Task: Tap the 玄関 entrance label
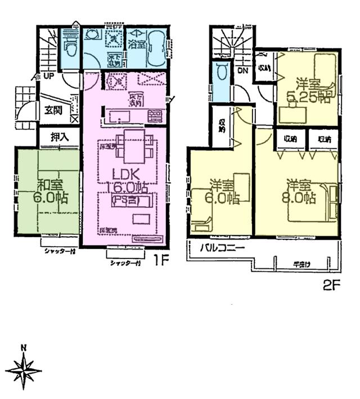(54, 110)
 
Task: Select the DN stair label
(242, 71)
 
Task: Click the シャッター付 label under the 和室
(59, 251)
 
